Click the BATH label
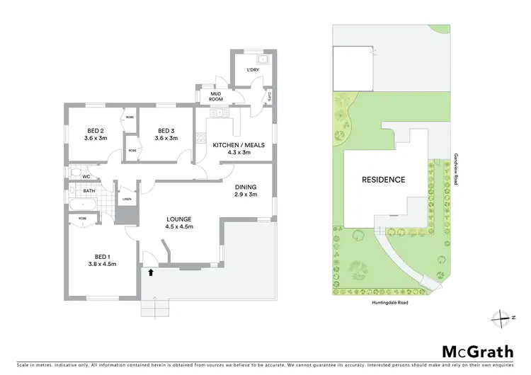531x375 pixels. (x=89, y=190)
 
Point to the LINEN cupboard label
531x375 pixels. (x=127, y=200)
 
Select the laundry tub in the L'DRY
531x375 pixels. (x=262, y=60)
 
